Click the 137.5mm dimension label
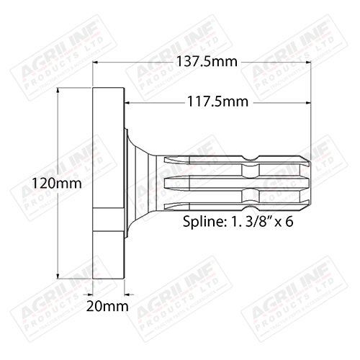[x=206, y=63]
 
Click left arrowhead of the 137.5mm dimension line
[x=98, y=63]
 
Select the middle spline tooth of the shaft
[x=238, y=182]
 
